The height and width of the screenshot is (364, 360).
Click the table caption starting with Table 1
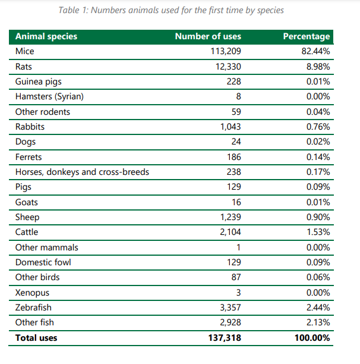(x=180, y=10)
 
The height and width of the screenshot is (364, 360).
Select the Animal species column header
(x=46, y=37)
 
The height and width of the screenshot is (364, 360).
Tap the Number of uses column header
(x=208, y=37)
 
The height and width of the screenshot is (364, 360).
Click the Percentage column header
(x=307, y=37)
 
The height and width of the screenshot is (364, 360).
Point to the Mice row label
(x=25, y=52)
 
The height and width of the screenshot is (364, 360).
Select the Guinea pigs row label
(x=39, y=81)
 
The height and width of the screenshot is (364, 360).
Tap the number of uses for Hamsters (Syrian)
(x=238, y=97)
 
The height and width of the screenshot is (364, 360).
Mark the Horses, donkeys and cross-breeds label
(x=82, y=172)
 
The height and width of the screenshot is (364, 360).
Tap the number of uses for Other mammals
(x=238, y=247)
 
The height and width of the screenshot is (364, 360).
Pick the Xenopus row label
(x=32, y=293)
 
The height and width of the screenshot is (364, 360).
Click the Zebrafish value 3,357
(x=229, y=307)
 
